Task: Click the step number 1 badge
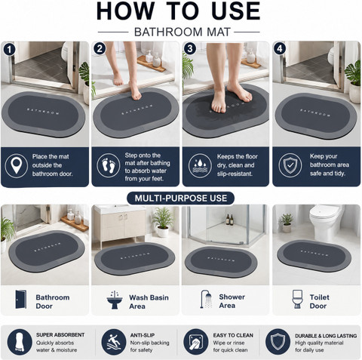pyautogui.click(x=10, y=49)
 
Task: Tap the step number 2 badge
pyautogui.click(x=100, y=48)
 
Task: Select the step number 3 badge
pyautogui.click(x=190, y=48)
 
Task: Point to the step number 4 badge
pyautogui.click(x=280, y=48)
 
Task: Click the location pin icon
pyautogui.click(x=17, y=165)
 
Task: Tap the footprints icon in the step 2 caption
pyautogui.click(x=109, y=165)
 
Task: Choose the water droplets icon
pyautogui.click(x=200, y=165)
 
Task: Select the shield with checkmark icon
pyautogui.click(x=290, y=165)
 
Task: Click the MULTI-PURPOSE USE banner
pyautogui.click(x=181, y=198)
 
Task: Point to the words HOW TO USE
pyautogui.click(x=179, y=11)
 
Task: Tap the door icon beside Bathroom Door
pyautogui.click(x=21, y=300)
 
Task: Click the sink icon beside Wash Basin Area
pyautogui.click(x=115, y=300)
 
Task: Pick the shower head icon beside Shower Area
pyautogui.click(x=206, y=299)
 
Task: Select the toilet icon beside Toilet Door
pyautogui.click(x=297, y=299)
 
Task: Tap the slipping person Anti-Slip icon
pyautogui.click(x=114, y=342)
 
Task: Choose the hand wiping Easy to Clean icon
pyautogui.click(x=196, y=342)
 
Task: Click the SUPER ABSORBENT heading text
pyautogui.click(x=60, y=335)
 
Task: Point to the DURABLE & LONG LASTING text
pyautogui.click(x=326, y=336)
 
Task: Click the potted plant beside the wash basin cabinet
pyautogui.click(x=163, y=222)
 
